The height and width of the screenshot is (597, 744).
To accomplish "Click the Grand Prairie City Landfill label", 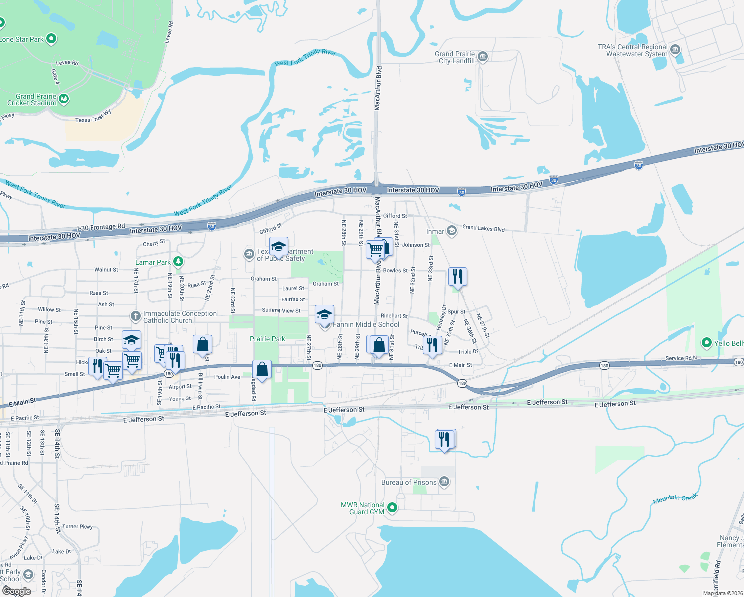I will [455, 57].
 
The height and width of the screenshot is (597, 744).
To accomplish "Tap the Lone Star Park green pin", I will [51, 39].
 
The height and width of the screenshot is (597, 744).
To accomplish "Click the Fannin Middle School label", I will [366, 324].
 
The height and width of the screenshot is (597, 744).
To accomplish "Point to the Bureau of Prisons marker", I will [444, 482].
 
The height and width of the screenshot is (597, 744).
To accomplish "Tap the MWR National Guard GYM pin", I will [392, 508].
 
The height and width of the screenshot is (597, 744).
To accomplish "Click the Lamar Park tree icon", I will [178, 262].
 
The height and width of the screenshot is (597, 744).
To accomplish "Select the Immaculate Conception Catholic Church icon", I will [135, 316].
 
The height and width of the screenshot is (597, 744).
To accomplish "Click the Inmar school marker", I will [451, 231].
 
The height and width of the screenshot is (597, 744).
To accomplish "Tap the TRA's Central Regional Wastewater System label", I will [633, 50].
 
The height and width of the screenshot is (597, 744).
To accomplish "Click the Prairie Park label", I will [268, 339].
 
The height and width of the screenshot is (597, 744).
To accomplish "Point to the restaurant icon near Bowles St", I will [458, 277].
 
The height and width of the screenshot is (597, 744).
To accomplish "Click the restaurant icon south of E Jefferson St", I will [444, 439].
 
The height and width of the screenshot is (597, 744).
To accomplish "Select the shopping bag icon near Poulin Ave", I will [262, 370].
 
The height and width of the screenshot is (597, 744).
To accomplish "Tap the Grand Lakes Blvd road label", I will [483, 228].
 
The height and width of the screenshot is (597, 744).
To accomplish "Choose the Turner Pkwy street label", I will [77, 526].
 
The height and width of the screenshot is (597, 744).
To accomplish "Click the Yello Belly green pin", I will [706, 343].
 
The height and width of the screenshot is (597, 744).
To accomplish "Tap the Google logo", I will [16, 591].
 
